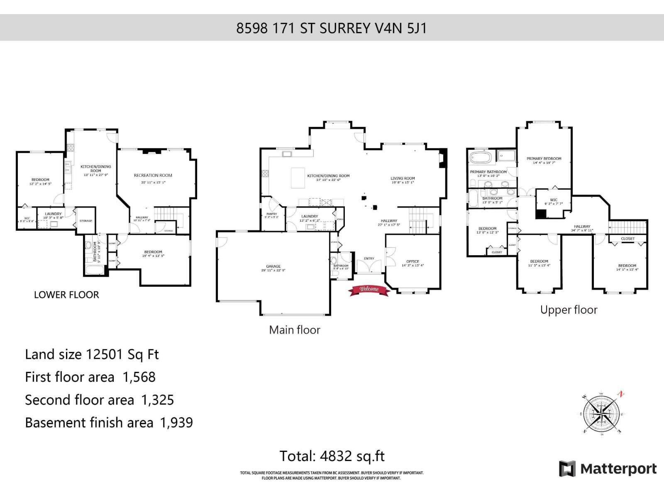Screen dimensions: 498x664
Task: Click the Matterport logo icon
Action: click(x=567, y=469)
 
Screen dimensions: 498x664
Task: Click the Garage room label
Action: click(x=273, y=266)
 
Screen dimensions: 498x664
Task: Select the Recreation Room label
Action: click(x=153, y=175)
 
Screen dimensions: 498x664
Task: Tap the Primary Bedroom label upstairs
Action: click(x=544, y=159)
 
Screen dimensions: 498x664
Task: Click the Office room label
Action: click(x=413, y=261)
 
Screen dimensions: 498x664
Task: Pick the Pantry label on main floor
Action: click(x=271, y=214)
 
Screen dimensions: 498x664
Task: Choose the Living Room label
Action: click(x=403, y=178)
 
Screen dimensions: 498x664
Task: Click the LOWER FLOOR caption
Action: click(x=66, y=295)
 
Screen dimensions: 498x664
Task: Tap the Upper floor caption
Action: click(x=569, y=310)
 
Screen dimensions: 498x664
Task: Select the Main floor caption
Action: click(x=295, y=330)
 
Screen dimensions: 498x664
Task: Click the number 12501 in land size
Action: click(x=104, y=354)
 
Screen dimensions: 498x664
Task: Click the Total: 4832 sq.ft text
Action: click(x=332, y=456)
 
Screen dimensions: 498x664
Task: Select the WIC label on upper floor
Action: click(x=553, y=200)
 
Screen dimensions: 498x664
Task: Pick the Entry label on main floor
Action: click(x=369, y=259)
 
